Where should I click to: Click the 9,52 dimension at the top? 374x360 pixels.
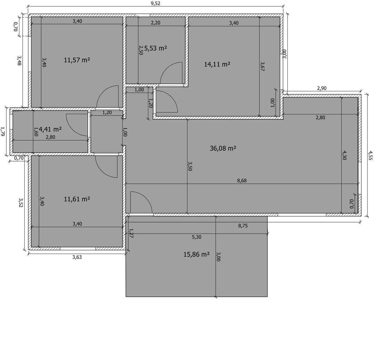pos(156,3)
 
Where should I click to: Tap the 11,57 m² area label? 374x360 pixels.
pos(77,60)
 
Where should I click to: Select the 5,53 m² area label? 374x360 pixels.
pos(156,48)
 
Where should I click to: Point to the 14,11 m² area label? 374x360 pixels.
pos(217,64)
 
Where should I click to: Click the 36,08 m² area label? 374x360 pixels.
pos(223,148)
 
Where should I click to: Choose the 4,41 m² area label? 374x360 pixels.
pos(50,129)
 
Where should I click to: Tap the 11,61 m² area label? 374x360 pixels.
pos(77,199)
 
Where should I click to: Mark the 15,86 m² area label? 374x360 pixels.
pos(196,254)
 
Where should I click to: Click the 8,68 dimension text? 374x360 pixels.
pos(242,181)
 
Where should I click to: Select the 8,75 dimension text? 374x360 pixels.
pos(243,226)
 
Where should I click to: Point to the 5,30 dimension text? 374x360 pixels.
pos(197,237)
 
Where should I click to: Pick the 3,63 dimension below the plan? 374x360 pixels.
pos(77,257)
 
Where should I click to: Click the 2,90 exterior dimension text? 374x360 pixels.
pos(322,88)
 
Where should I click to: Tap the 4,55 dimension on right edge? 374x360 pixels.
pos(370,155)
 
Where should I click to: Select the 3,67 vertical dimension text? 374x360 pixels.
pos(262,66)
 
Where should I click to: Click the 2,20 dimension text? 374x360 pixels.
pos(156,23)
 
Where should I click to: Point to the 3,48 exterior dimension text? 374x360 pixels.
pos(19,61)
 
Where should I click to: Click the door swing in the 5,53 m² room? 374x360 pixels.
pos(171,73)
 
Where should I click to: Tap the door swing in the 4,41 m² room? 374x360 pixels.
pos(77,125)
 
